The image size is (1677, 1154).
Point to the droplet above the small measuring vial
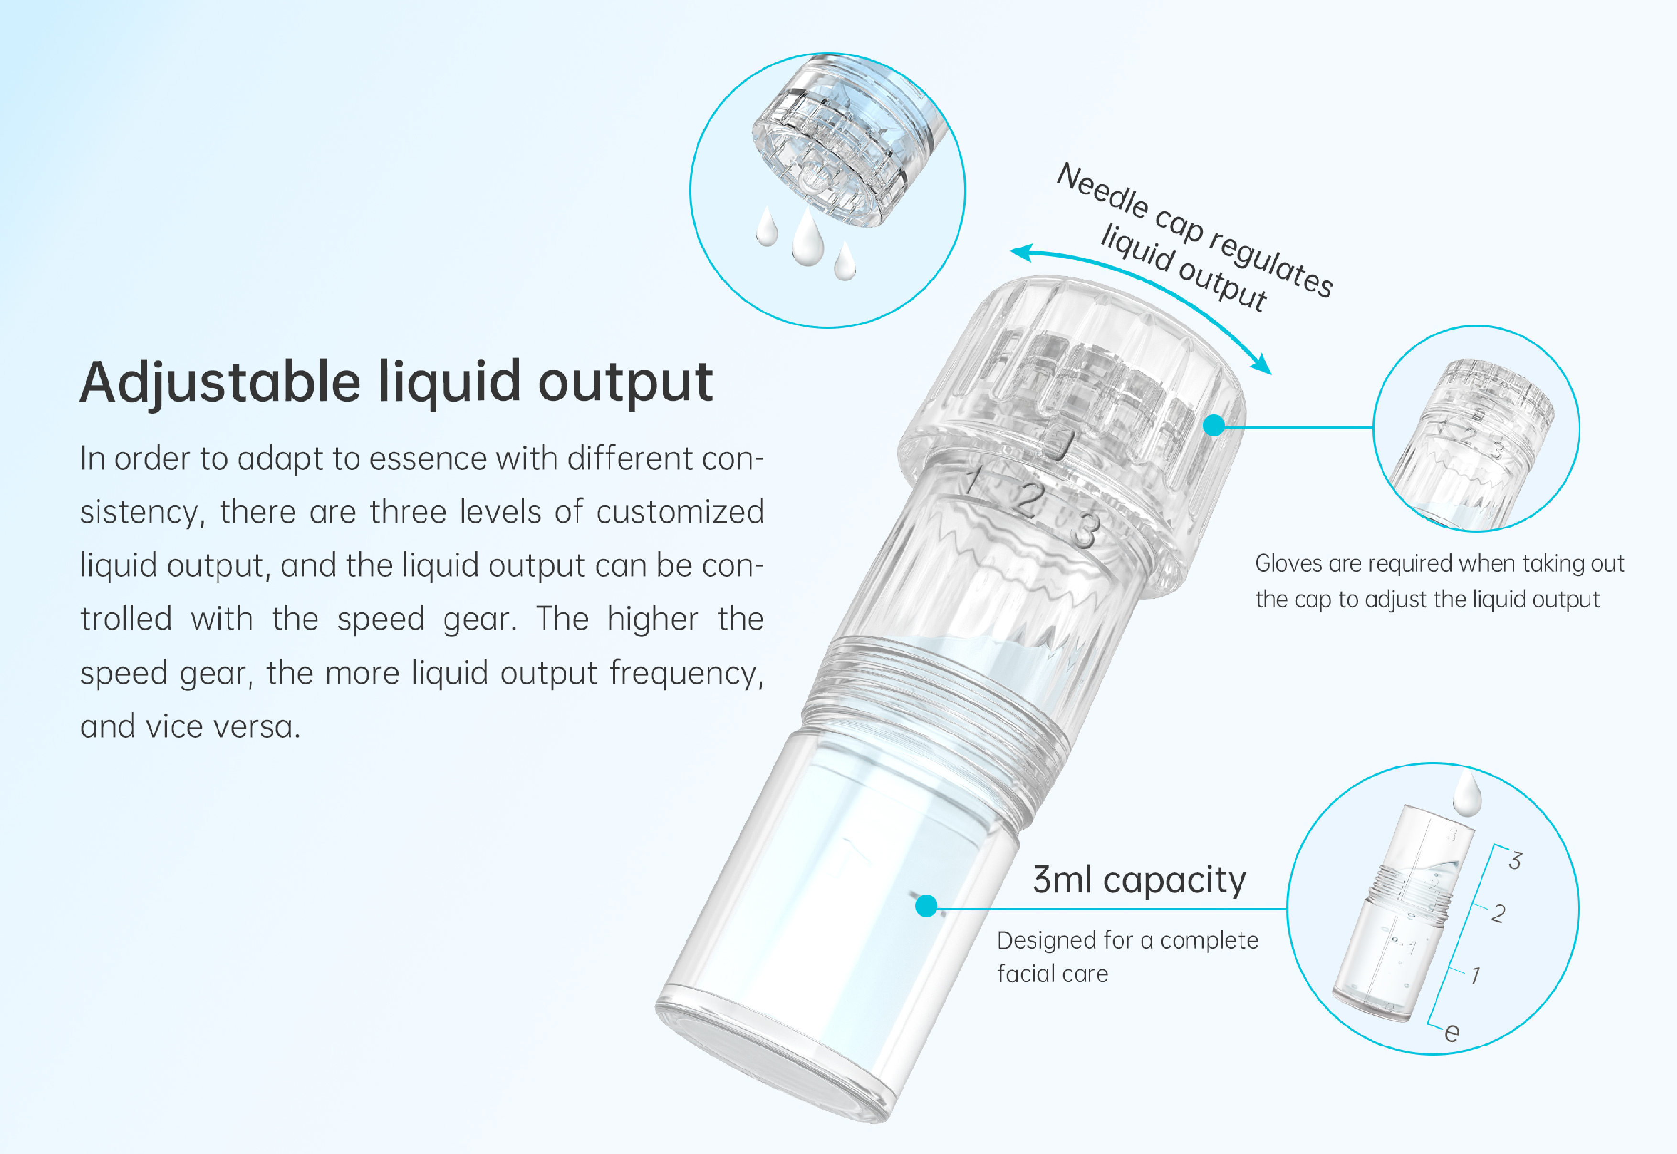[x=1467, y=794]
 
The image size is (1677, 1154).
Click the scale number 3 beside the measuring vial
[x=1514, y=861]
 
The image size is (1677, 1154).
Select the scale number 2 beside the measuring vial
[x=1498, y=913]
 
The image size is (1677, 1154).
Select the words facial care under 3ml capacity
[x=1052, y=974]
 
